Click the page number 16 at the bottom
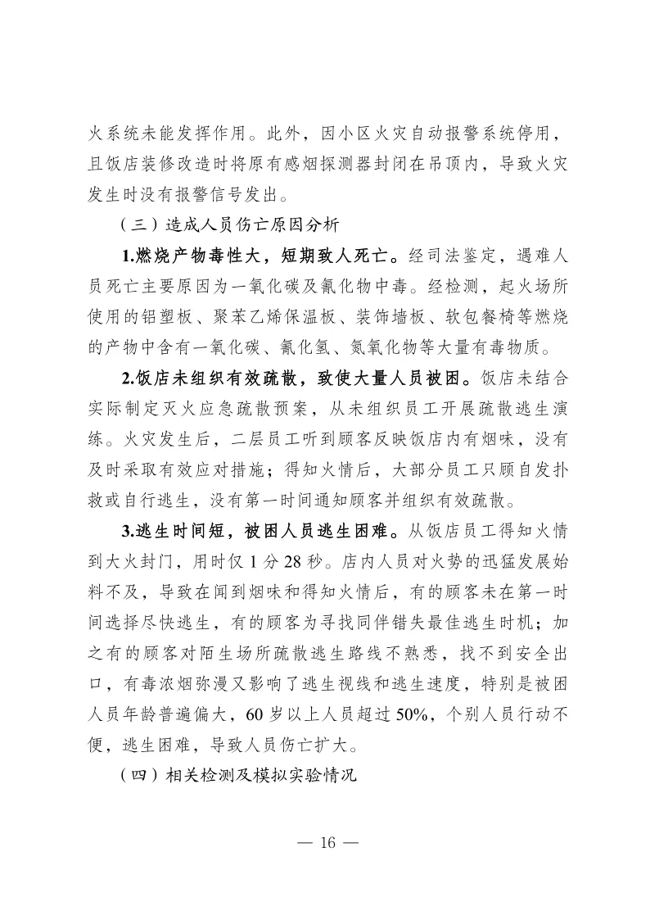pyautogui.click(x=325, y=843)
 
